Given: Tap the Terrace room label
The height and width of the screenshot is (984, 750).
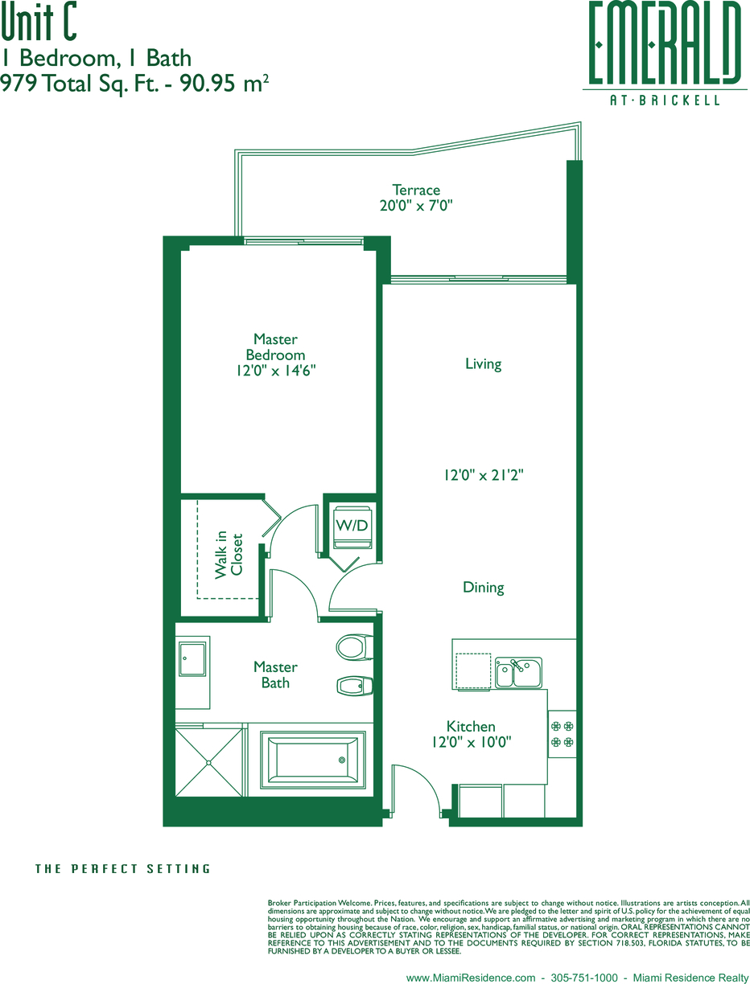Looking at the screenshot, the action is (x=416, y=190).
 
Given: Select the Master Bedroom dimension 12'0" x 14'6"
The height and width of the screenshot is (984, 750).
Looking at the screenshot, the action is (x=276, y=371).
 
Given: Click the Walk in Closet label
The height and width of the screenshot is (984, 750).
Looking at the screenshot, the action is (x=229, y=555).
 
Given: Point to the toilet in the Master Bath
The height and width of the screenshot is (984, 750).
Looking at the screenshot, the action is (x=354, y=647).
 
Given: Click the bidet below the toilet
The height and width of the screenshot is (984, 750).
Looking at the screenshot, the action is (x=355, y=686).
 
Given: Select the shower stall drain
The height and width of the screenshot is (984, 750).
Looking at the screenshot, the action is (x=208, y=762).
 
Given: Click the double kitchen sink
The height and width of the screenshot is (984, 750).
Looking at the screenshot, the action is (x=518, y=672).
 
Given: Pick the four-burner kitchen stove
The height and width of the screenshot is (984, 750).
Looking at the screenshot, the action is (x=562, y=734).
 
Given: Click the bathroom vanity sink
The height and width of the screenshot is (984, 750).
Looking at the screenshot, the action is (x=192, y=658).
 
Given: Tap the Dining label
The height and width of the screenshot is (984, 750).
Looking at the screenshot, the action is (x=483, y=587).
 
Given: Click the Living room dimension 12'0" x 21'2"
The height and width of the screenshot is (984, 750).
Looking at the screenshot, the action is (x=484, y=475).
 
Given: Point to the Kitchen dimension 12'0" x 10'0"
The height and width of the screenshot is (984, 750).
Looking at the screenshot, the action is (x=472, y=742).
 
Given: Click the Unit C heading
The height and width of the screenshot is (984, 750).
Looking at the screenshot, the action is (x=39, y=22).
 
